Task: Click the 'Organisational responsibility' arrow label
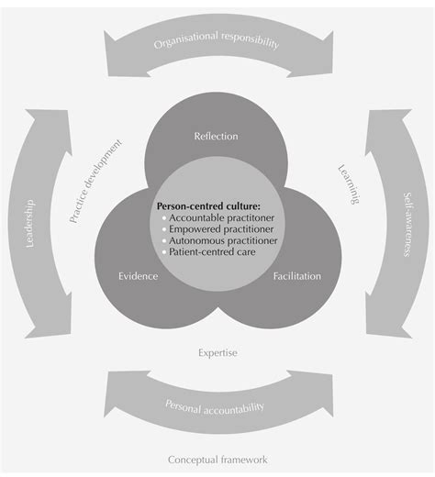click(x=217, y=42)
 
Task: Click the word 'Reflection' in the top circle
click(x=217, y=136)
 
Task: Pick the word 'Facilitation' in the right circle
click(x=295, y=274)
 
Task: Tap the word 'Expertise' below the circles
click(x=218, y=351)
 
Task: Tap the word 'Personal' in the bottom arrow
click(x=183, y=405)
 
